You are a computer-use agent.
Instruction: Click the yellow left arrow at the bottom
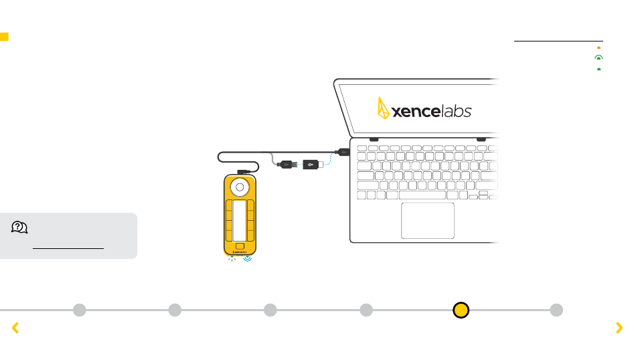(15, 327)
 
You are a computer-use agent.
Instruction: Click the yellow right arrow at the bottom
(619, 327)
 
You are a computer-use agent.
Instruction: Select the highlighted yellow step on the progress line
(461, 310)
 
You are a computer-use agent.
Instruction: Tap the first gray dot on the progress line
(79, 310)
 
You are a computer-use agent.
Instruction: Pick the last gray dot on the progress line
(556, 310)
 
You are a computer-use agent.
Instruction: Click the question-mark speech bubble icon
(19, 228)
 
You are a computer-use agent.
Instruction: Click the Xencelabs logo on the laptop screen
(424, 109)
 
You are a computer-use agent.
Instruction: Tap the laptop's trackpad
(428, 220)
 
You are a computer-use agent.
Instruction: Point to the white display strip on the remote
(240, 220)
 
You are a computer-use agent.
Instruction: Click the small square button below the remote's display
(240, 247)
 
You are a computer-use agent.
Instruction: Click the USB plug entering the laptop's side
(341, 152)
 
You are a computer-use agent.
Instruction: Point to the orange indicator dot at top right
(598, 48)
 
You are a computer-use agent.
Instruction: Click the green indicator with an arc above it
(598, 58)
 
